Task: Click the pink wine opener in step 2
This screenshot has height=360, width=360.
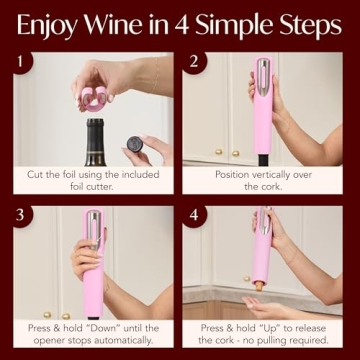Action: (262, 110)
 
